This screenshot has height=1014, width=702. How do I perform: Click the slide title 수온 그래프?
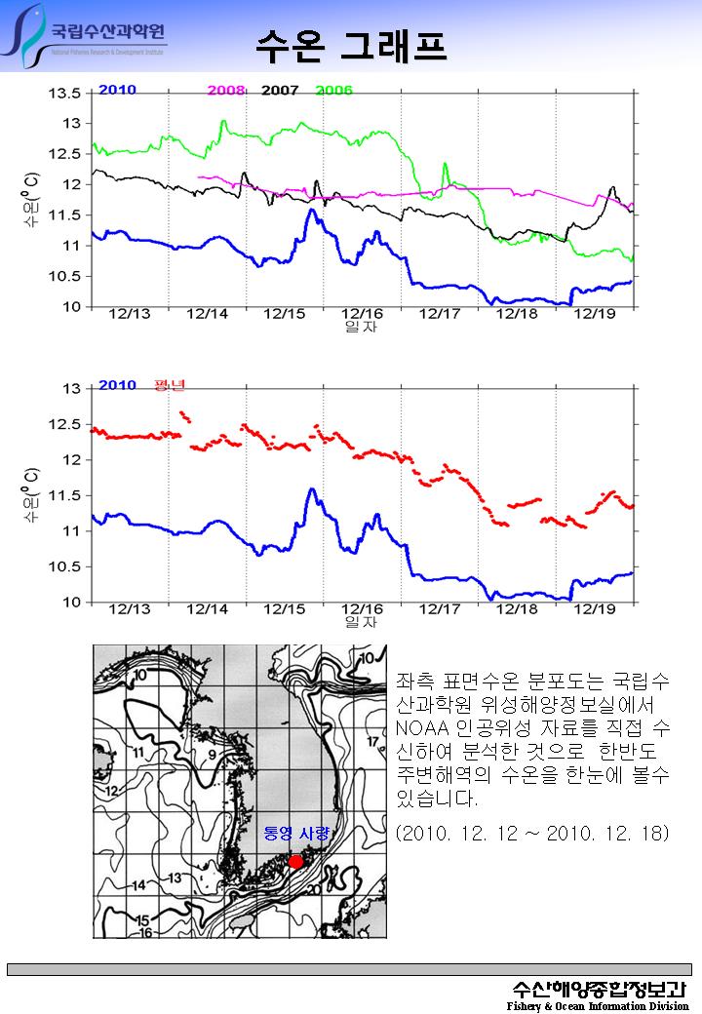351,44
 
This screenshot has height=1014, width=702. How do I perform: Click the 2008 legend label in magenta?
226,91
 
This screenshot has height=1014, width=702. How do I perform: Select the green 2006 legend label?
334,91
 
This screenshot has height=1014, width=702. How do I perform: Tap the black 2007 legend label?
280,91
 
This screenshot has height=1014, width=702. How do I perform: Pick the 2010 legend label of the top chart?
117,90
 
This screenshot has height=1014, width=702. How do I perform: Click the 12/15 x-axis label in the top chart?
285,314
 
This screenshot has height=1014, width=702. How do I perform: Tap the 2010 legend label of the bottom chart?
117,385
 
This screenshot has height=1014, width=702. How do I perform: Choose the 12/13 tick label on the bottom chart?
130,608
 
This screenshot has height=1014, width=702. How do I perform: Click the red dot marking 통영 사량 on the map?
295,861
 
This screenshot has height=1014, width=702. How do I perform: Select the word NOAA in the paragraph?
421,728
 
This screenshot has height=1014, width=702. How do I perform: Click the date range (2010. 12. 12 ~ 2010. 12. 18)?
532,835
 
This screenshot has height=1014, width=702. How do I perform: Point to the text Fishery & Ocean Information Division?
598,1005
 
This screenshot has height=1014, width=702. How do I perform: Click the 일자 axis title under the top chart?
361,327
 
